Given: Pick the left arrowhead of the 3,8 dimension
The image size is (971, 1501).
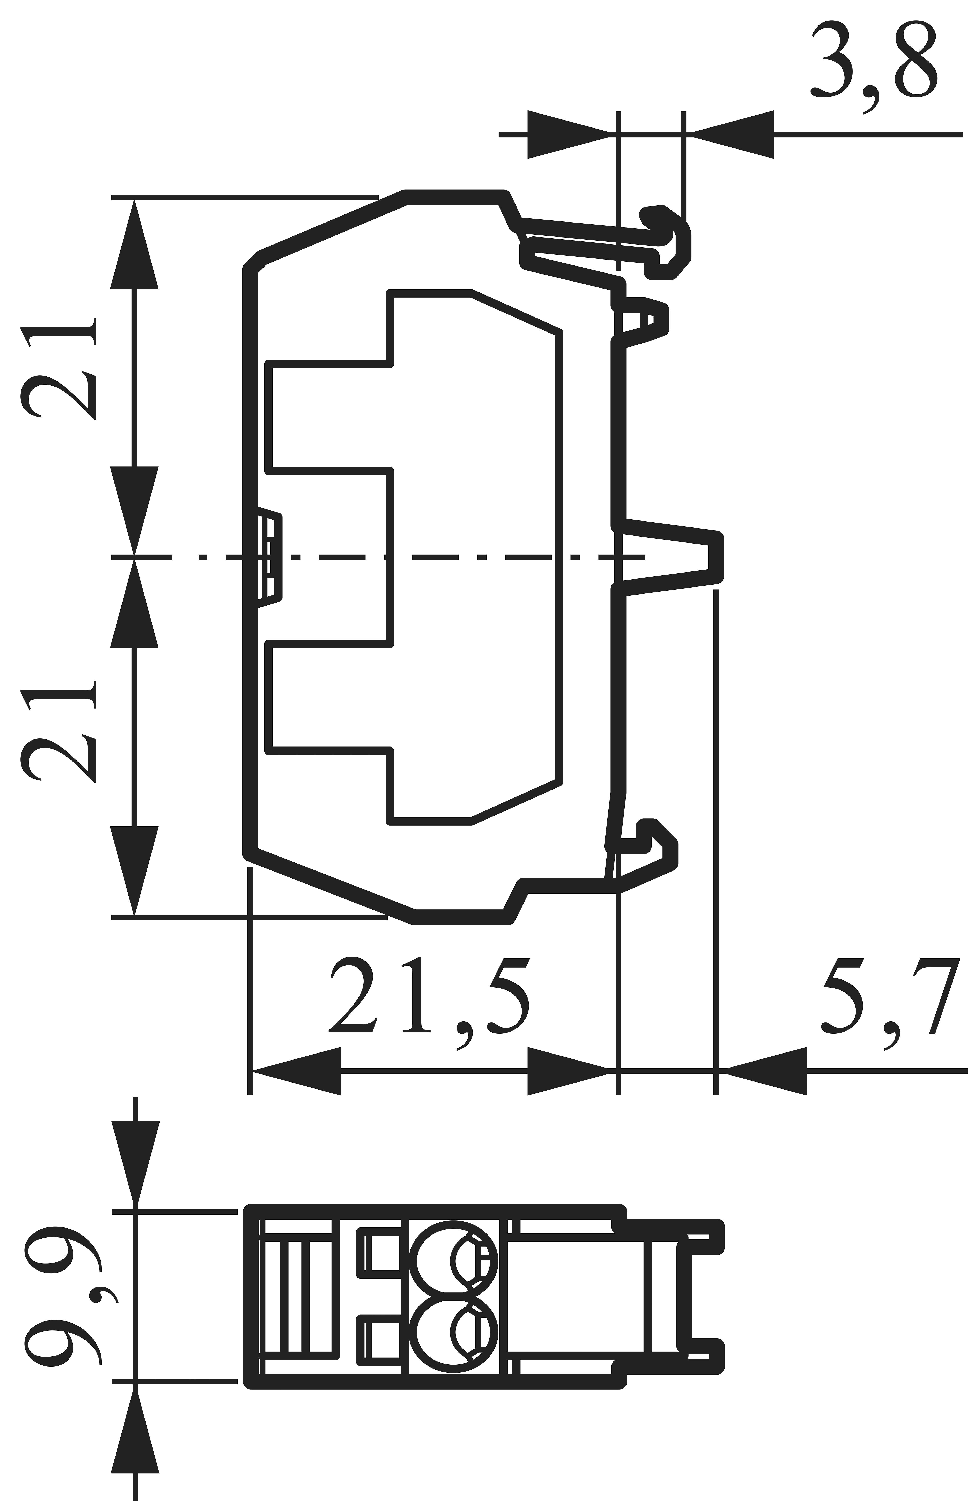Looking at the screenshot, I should (x=568, y=134).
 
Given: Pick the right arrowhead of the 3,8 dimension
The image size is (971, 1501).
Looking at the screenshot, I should (x=735, y=134).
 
